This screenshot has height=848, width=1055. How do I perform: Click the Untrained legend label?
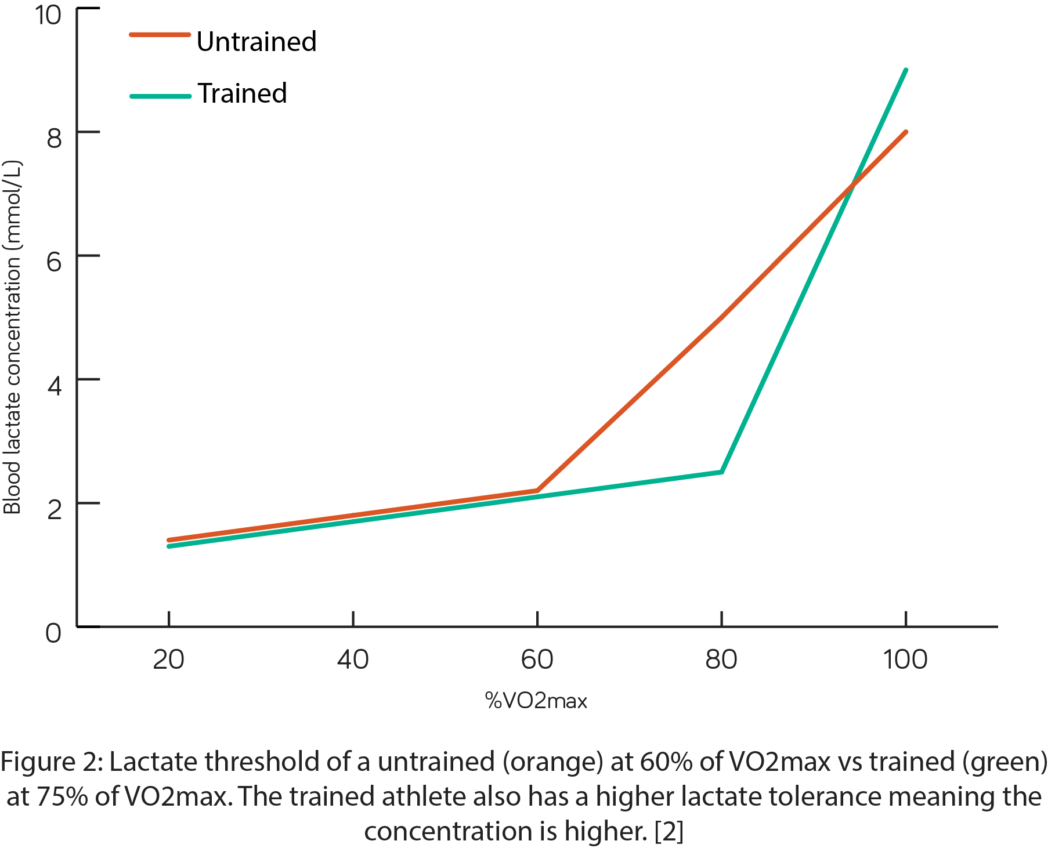tap(256, 42)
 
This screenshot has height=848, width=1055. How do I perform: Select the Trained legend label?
tap(242, 93)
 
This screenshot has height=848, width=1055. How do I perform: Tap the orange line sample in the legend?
tap(160, 35)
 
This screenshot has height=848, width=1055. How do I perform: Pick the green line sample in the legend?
tap(160, 96)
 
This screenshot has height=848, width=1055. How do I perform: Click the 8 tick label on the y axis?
tap(54, 138)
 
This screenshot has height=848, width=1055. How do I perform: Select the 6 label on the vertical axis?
tap(54, 262)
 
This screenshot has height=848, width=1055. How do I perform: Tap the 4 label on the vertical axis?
tap(54, 386)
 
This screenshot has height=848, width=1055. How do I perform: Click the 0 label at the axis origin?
tap(53, 633)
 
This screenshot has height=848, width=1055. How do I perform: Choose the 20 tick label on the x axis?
tap(168, 659)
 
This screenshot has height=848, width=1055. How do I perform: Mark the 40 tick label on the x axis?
tap(353, 659)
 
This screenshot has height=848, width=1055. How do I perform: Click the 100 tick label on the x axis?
tap(905, 659)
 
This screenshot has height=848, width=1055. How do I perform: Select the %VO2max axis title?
tap(536, 701)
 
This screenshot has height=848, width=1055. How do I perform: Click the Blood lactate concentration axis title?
tap(13, 336)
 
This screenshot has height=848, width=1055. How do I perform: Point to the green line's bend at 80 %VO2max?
tap(721, 472)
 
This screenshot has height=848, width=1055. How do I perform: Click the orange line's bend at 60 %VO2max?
tap(537, 491)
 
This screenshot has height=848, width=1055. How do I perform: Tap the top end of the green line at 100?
tap(905, 70)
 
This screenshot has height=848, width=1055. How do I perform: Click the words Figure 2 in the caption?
tap(51, 762)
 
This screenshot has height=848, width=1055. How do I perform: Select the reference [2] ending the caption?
tap(669, 831)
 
